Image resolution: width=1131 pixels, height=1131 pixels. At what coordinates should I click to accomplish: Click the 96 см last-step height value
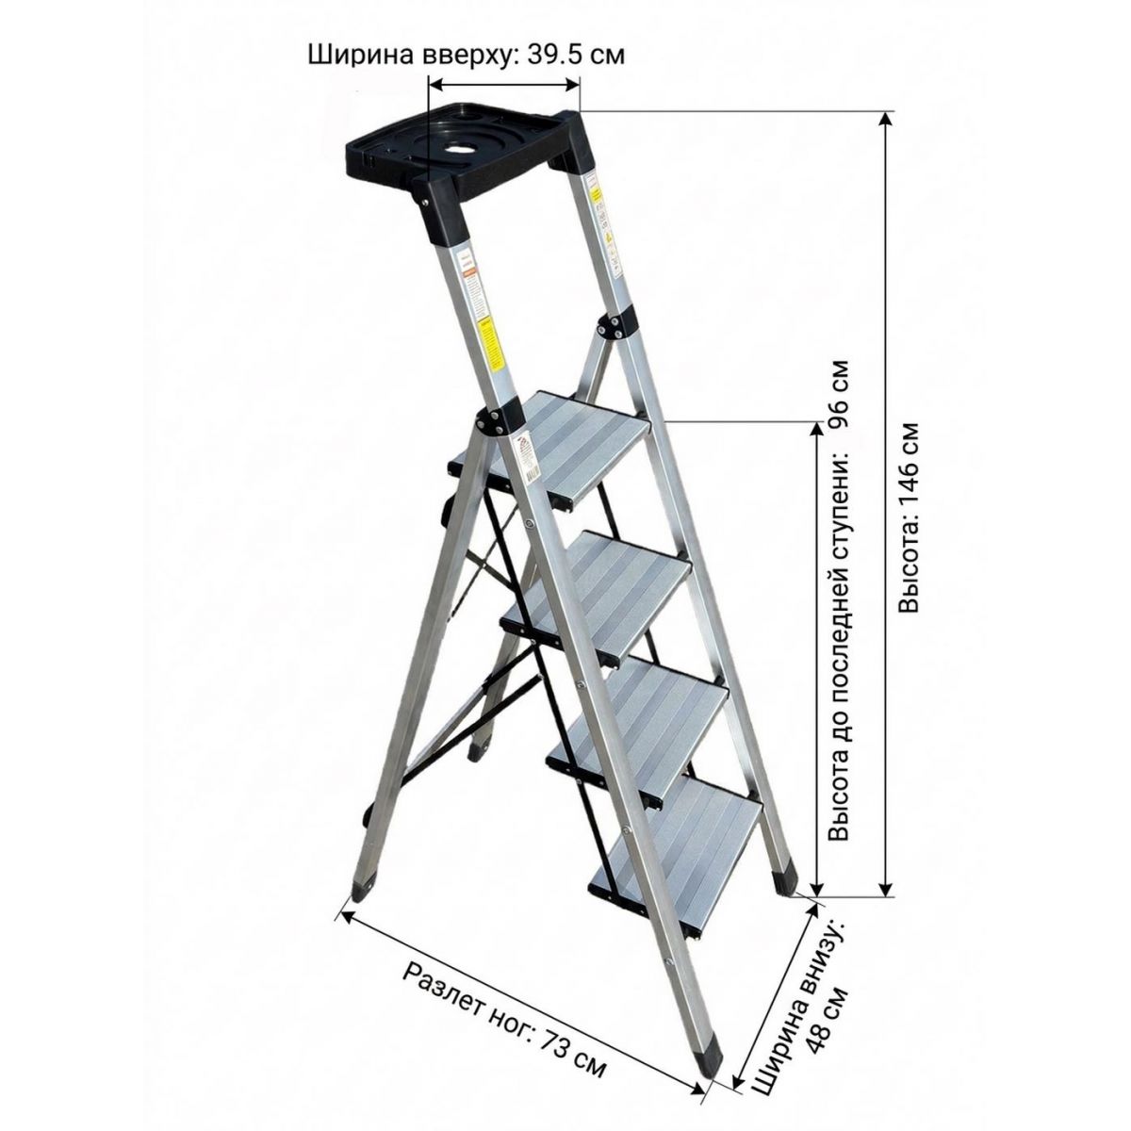pyautogui.click(x=840, y=395)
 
